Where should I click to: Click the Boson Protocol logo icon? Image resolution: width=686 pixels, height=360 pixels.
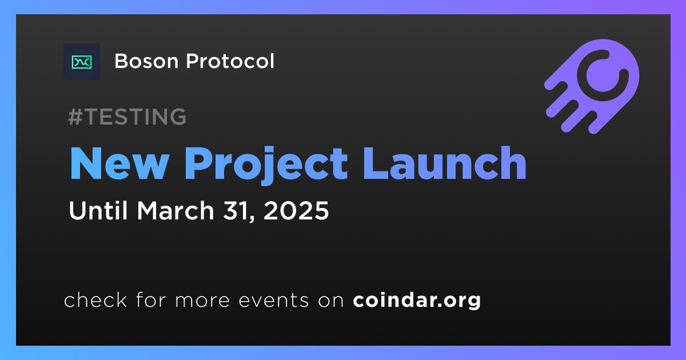[x=82, y=62]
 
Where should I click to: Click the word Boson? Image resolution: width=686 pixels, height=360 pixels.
[x=146, y=61]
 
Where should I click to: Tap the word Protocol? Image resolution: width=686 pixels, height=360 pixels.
[x=230, y=61]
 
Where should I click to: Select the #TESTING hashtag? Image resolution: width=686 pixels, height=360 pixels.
[x=127, y=117]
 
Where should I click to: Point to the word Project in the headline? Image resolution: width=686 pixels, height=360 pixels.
[x=266, y=165]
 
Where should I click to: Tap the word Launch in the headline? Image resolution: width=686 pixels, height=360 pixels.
[x=444, y=163]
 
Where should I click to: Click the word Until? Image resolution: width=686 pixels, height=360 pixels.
[x=98, y=210]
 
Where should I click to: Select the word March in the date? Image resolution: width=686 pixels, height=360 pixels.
[x=176, y=210]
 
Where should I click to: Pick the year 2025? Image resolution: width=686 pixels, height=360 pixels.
[x=296, y=211]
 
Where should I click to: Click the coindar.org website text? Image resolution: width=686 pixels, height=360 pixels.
[x=417, y=301]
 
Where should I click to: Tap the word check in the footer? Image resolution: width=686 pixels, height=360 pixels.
[x=95, y=299]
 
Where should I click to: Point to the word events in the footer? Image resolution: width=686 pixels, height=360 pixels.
[x=274, y=301]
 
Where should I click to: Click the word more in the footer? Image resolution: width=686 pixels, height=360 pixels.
[x=202, y=301]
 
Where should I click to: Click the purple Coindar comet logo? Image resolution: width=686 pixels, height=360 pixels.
[x=592, y=86]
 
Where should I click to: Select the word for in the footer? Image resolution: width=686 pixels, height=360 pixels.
[x=151, y=299]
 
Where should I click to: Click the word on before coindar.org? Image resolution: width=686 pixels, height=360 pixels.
[x=331, y=301]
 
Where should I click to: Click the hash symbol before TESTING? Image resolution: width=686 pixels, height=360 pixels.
[x=75, y=117]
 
